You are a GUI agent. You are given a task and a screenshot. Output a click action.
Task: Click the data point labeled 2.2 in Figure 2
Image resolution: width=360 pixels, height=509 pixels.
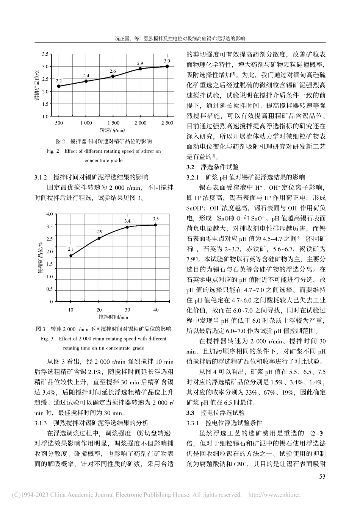pos(59,86)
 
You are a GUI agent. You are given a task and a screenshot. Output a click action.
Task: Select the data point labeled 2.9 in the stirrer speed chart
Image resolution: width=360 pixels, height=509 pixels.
pos(140,69)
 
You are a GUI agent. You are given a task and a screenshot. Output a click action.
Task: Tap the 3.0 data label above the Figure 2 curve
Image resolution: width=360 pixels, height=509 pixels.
pos(167,61)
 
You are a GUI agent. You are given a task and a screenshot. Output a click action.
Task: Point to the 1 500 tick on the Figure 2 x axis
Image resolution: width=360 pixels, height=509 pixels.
pos(113,123)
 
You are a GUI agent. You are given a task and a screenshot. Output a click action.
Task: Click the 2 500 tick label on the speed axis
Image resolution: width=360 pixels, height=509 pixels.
pos(167,123)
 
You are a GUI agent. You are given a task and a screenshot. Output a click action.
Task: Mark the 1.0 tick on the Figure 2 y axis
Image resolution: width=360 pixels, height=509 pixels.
pos(45,116)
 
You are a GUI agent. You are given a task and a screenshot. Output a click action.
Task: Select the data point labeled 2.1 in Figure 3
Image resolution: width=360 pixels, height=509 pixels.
pos(70,256)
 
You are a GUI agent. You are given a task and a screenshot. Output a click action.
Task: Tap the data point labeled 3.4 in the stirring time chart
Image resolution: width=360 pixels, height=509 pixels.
pos(127,227)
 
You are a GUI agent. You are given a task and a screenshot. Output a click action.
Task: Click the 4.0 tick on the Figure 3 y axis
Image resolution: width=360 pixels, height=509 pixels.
pos(49,214)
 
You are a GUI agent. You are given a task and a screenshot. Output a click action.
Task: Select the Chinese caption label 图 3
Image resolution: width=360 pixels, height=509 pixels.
pos(41,328)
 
